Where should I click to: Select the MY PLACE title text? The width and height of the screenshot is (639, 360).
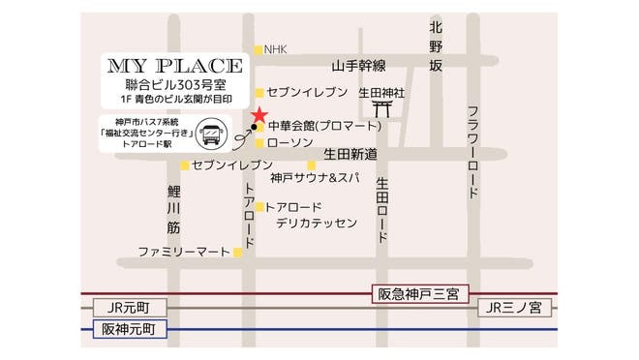tap(175, 67)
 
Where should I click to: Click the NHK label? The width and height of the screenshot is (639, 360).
tap(276, 49)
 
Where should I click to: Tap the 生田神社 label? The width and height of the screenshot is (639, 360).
tap(380, 93)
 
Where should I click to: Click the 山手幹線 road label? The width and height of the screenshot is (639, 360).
tap(358, 67)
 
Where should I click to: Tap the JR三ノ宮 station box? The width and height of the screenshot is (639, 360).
tap(515, 308)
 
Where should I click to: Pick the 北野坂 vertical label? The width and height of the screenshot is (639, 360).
tap(436, 45)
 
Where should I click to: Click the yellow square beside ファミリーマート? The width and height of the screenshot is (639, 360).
tap(238, 253)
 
